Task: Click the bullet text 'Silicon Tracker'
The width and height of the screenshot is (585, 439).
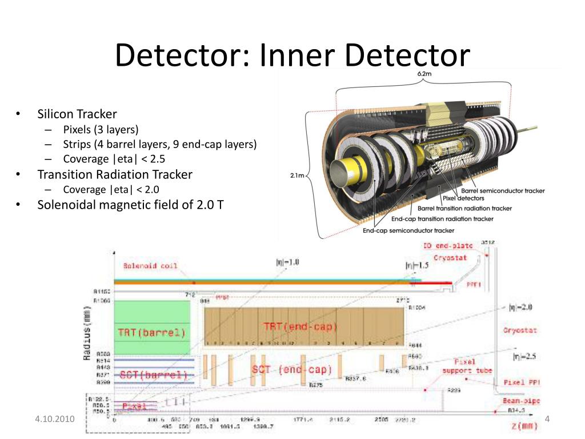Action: [77, 114]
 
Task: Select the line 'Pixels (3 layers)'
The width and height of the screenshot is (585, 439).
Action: [101, 129]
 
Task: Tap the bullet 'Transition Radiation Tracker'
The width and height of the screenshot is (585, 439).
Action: [115, 174]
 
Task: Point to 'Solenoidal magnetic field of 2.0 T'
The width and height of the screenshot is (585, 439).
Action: [130, 204]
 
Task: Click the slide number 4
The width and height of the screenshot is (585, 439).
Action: [547, 420]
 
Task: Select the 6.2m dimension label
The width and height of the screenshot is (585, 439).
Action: [423, 74]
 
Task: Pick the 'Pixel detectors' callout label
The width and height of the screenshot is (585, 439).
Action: [463, 198]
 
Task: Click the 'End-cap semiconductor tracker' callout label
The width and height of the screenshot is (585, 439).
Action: [408, 230]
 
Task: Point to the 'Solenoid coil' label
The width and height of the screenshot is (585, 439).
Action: [150, 266]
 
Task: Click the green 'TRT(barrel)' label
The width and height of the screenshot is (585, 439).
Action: [152, 332]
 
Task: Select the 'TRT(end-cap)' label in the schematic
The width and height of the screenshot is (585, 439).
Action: [300, 327]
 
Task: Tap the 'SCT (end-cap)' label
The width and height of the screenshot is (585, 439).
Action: [291, 370]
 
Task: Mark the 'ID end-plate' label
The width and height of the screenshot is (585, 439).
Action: [448, 246]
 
